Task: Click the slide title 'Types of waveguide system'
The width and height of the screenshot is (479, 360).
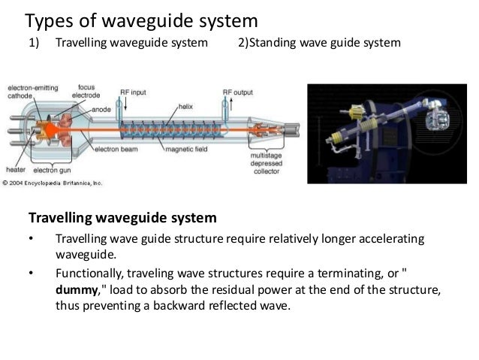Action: (x=142, y=18)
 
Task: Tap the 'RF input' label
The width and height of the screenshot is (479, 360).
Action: (x=133, y=92)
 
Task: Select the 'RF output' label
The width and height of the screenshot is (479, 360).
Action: (x=236, y=92)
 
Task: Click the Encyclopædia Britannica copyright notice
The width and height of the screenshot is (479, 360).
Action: (x=53, y=182)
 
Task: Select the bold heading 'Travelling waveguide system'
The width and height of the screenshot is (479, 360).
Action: (x=122, y=219)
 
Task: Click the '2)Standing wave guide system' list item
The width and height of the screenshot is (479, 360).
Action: (x=319, y=42)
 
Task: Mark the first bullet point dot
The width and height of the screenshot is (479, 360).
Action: (x=32, y=240)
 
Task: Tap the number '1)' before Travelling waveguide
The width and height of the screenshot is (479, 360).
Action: (x=34, y=42)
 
